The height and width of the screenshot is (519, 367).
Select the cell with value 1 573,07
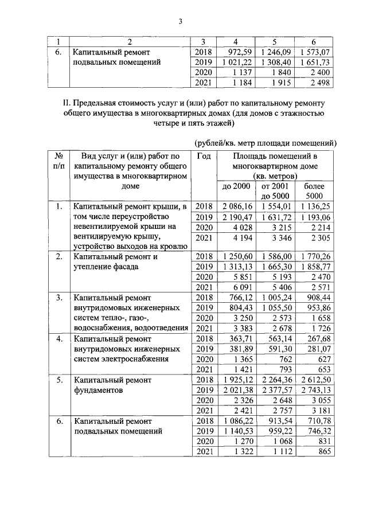[x=316, y=52]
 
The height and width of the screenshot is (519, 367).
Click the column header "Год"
[x=205, y=156]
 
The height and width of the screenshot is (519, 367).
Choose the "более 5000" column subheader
[x=315, y=192]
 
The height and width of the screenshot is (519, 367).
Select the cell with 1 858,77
[x=316, y=269]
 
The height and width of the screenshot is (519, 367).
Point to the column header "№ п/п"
[x=58, y=161]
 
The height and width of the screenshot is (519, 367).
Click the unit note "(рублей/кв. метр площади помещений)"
[x=262, y=143]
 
